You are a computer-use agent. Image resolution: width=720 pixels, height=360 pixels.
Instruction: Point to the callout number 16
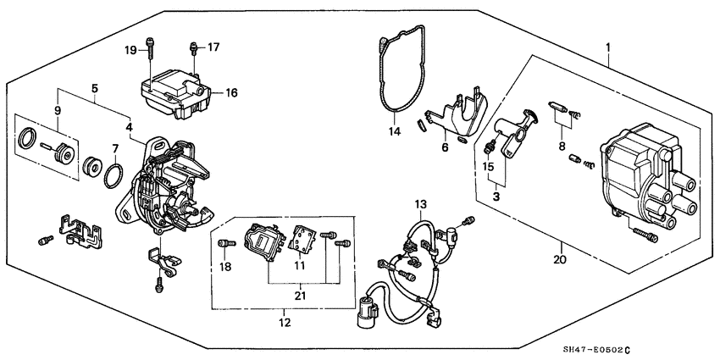coord(231,93)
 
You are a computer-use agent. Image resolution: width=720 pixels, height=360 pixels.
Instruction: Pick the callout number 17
coord(213,47)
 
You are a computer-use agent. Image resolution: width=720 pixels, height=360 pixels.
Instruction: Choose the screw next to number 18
coord(225,246)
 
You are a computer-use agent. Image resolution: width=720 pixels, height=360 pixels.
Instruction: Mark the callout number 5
coord(94,87)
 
